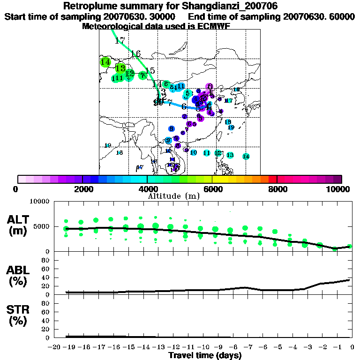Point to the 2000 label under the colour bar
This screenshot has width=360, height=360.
point(82,189)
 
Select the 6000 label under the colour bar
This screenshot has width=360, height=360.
point(212,189)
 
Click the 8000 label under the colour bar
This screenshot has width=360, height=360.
point(277,189)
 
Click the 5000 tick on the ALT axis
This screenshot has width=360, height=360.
point(42,226)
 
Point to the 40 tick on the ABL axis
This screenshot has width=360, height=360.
point(46,277)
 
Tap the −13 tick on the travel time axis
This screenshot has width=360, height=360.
point(158,347)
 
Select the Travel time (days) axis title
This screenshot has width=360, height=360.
point(205,356)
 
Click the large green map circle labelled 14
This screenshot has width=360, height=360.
point(105,62)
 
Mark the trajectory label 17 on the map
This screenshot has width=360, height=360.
point(120,41)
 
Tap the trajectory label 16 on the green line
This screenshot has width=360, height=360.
point(136,53)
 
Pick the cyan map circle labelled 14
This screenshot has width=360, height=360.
point(246,157)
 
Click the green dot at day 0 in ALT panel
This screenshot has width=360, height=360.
point(350,246)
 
